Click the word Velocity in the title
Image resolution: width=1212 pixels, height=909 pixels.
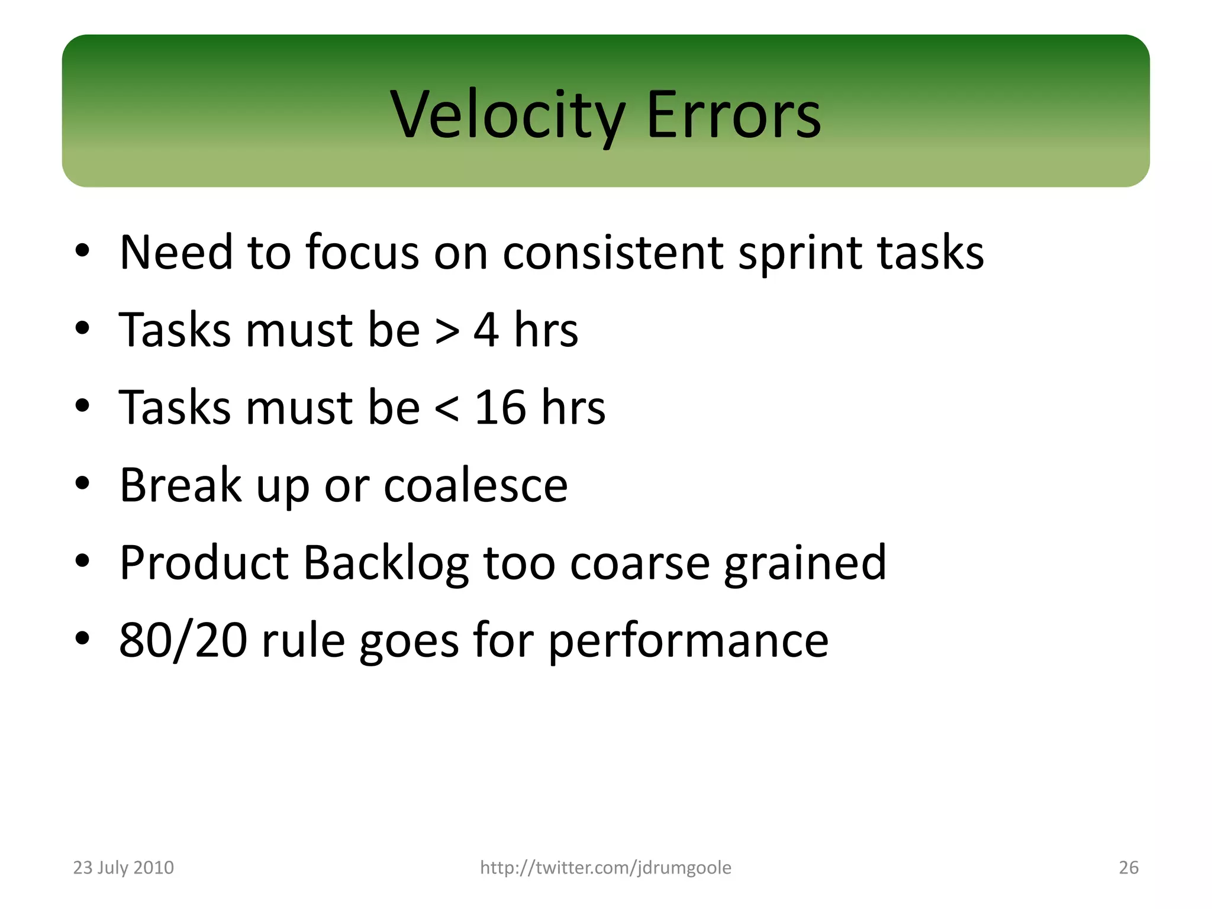coord(507,115)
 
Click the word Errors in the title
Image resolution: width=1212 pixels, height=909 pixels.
coord(733,115)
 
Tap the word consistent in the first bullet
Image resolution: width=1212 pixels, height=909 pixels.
coord(613,253)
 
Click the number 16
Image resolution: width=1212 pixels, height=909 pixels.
coord(500,408)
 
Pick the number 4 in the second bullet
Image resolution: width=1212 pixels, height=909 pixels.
coord(486,330)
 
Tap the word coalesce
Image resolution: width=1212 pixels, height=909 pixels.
coord(476,485)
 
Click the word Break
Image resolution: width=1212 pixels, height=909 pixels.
coord(180,485)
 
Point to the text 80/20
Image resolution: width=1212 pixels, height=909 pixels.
coord(183,640)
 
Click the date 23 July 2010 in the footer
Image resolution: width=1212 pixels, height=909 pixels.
coord(123,868)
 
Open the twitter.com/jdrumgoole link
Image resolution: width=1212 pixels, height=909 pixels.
coord(605,868)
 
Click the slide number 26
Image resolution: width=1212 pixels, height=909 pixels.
coord(1128,868)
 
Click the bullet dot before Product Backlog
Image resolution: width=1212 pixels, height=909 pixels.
coord(82,560)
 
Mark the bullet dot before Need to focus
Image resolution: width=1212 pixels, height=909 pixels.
coord(82,250)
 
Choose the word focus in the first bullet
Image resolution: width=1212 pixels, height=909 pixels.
coord(362,253)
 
